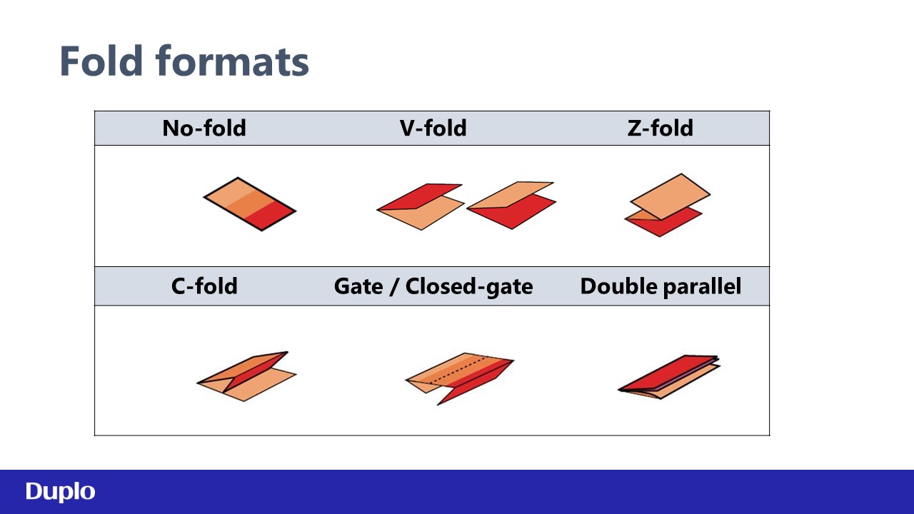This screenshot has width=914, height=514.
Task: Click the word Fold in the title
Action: [101, 61]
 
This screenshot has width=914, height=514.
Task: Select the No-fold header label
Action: [204, 128]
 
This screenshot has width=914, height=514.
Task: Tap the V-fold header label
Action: [433, 128]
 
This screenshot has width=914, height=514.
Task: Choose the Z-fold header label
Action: [661, 128]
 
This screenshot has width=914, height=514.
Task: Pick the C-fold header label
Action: [204, 286]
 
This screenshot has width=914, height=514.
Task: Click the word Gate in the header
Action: [358, 286]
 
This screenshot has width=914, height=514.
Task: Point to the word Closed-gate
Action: [469, 286]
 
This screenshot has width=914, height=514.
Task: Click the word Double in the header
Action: [618, 286]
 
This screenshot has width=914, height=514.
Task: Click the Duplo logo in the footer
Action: [60, 492]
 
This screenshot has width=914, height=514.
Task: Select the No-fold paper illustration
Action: [250, 204]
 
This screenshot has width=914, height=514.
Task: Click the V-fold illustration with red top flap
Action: [421, 206]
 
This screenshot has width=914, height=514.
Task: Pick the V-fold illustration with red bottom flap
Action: [511, 205]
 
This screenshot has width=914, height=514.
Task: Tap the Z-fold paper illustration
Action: [667, 205]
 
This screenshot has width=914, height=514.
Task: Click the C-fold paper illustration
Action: [246, 376]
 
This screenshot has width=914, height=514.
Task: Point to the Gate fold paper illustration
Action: [459, 378]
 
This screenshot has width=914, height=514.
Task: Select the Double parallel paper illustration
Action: [669, 377]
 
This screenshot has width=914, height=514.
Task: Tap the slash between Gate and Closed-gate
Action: [393, 286]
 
